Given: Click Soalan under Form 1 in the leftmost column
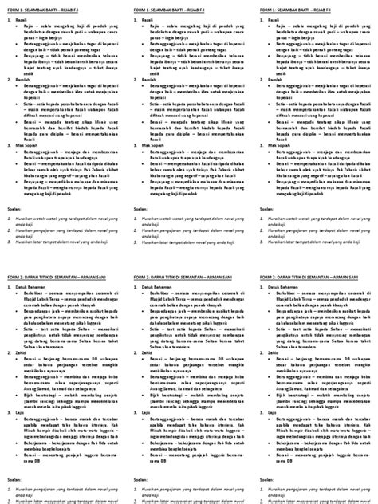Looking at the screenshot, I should click(x=14, y=209).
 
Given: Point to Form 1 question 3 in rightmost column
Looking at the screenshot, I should click(x=311, y=233).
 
